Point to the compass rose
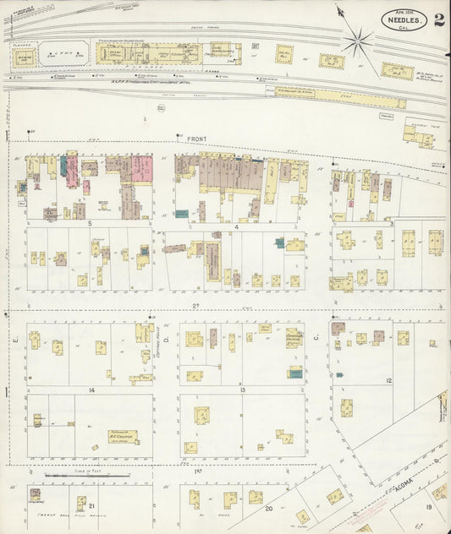pyautogui.click(x=358, y=38)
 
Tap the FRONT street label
pyautogui.click(x=197, y=139)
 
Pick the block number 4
pyautogui.click(x=238, y=226)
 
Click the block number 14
pyautogui.click(x=90, y=390)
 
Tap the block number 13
pyautogui.click(x=242, y=390)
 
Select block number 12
pyautogui.click(x=388, y=381)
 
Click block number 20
pyautogui.click(x=268, y=509)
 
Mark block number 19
pyautogui.click(x=429, y=505)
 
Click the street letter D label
pyautogui.click(x=167, y=339)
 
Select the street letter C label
pyautogui.click(x=316, y=339)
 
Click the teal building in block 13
pyautogui.click(x=295, y=373)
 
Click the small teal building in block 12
pyautogui.click(x=339, y=373)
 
